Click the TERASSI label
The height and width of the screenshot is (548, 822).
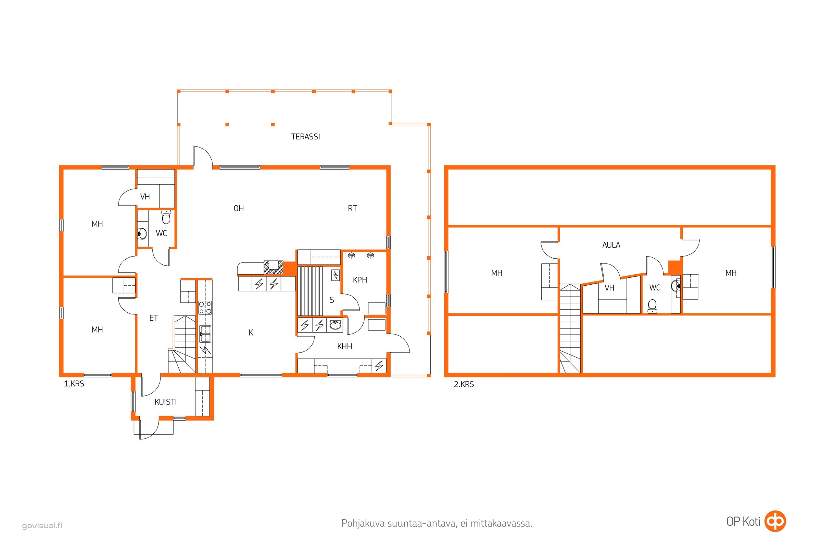point(305,137)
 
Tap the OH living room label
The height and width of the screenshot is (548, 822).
point(239,208)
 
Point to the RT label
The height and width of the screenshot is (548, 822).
point(353,208)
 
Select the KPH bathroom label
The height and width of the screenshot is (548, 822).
point(360,280)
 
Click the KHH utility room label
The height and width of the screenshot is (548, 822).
point(344,346)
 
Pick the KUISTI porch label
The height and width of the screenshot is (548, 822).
point(166,402)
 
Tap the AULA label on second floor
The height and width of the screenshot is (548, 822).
point(611,245)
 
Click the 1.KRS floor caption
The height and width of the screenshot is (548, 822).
point(74,384)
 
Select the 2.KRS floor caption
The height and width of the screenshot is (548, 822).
point(464,384)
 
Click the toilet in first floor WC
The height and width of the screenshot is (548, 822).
point(166,217)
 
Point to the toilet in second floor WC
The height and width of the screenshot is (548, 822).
point(652,306)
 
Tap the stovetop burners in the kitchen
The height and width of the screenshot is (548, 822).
point(205,308)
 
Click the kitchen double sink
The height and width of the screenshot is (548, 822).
point(205,334)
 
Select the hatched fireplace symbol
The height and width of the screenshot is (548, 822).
point(273,267)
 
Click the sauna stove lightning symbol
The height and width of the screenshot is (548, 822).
point(336,275)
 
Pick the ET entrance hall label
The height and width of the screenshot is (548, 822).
point(153,318)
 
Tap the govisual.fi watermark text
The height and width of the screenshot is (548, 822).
point(42,526)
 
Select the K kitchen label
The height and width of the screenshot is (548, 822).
point(251,333)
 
